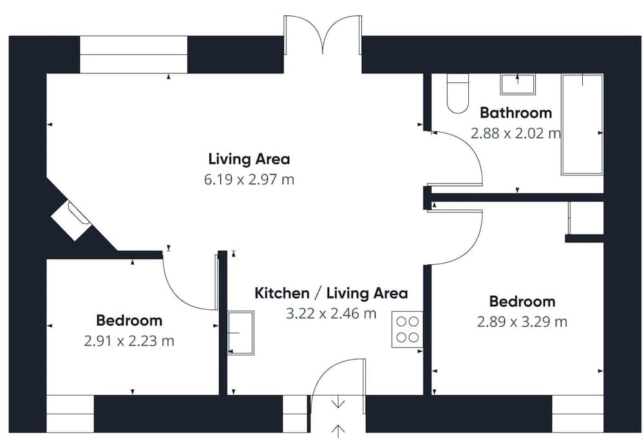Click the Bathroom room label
tap(515, 113)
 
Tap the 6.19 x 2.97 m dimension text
tap(249, 180)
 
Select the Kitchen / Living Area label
tap(331, 293)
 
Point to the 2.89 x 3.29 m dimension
tap(522, 322)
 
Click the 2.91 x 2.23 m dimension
tap(129, 341)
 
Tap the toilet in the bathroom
tap(457, 93)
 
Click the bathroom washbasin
tap(518, 84)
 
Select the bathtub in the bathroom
tap(582, 124)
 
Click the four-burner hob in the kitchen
tap(407, 329)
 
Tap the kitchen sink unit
tap(241, 333)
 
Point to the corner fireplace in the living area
tap(71, 220)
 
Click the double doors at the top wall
tap(323, 35)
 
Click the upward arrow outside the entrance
tap(338, 431)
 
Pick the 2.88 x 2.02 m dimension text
tap(515, 133)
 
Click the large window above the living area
tap(133, 55)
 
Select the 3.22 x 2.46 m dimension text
tap(331, 313)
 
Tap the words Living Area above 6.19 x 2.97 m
tap(249, 159)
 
